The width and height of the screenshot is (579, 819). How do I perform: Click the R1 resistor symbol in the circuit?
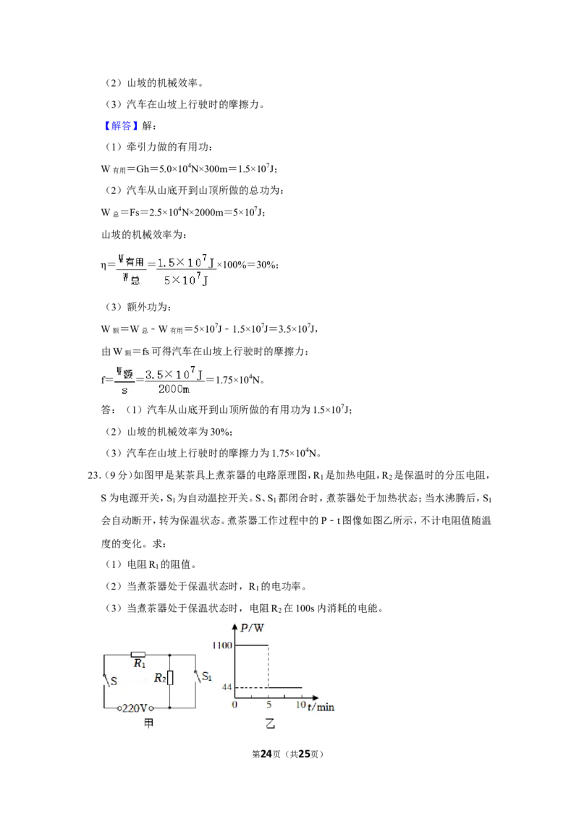pyautogui.click(x=138, y=655)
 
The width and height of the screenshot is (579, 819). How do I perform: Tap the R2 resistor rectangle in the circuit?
pyautogui.click(x=170, y=678)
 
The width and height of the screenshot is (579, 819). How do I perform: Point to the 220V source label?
pyautogui.click(x=135, y=708)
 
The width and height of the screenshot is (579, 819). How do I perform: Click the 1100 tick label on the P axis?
pyautogui.click(x=222, y=645)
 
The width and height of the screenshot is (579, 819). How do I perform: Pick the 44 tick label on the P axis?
pyautogui.click(x=227, y=687)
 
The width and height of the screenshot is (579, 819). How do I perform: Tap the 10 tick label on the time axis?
pyautogui.click(x=300, y=705)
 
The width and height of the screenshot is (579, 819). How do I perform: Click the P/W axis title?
pyautogui.click(x=252, y=628)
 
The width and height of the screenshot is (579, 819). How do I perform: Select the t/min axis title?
pyautogui.click(x=321, y=707)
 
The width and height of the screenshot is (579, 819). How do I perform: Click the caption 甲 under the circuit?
pyautogui.click(x=149, y=723)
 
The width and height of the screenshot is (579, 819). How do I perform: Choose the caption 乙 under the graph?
pyautogui.click(x=270, y=723)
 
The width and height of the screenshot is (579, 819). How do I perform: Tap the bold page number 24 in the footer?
pyautogui.click(x=266, y=754)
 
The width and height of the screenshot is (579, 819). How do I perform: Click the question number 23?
pyautogui.click(x=93, y=475)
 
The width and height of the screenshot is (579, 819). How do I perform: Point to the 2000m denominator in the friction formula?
pyautogui.click(x=174, y=389)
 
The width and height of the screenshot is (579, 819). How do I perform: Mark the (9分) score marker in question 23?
pyautogui.click(x=117, y=475)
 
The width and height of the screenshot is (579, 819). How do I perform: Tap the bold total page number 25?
pyautogui.click(x=304, y=754)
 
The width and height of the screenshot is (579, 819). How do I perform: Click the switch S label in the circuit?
pyautogui.click(x=114, y=681)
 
